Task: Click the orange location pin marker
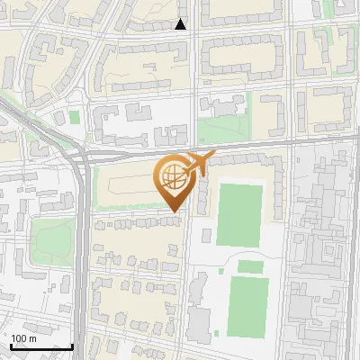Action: [173, 180]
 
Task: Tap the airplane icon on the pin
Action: [198, 164]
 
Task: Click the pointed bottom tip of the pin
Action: [173, 212]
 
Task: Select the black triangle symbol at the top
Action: [181, 24]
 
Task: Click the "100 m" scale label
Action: [24, 338]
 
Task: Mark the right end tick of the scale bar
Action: [72, 346]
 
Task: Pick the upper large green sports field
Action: [238, 215]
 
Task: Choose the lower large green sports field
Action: [248, 302]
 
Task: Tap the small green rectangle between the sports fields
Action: [250, 266]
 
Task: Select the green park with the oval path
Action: [52, 239]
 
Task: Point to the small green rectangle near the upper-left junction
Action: [75, 116]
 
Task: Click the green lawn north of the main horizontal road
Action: [220, 131]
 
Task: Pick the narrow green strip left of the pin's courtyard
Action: [96, 188]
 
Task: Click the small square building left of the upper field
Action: [207, 236]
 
